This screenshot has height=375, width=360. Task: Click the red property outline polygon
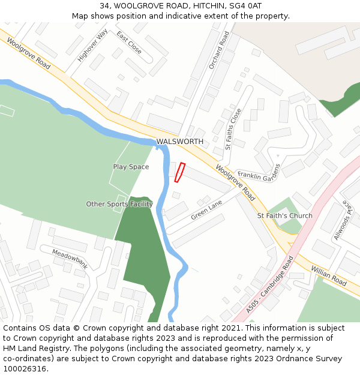179,172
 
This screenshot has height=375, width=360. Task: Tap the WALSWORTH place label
180,142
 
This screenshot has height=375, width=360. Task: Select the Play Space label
131,167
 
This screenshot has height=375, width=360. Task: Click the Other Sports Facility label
119,204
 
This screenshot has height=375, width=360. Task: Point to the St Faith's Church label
284,215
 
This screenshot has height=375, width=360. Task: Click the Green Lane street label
206,210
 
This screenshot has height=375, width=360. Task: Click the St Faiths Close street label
233,128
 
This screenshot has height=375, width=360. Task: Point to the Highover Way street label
92,46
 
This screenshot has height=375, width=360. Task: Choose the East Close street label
129,43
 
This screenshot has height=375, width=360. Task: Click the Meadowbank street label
70,259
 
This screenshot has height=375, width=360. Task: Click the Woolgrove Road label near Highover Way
29,52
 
